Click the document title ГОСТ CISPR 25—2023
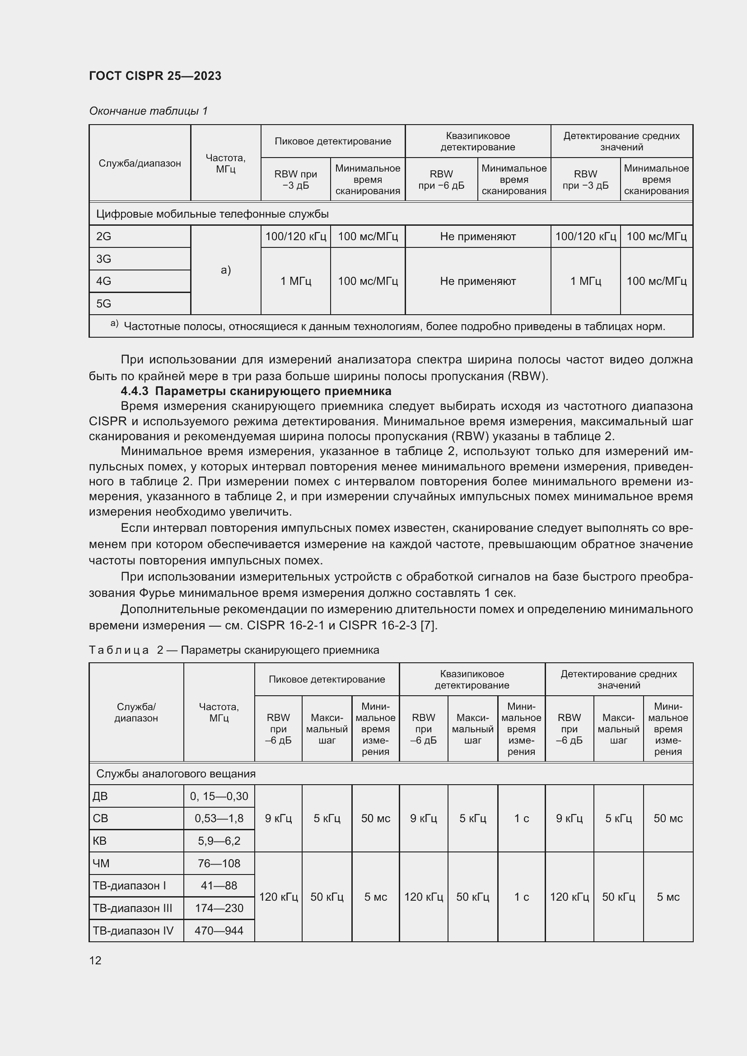pyautogui.click(x=155, y=76)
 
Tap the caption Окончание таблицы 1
pyautogui.click(x=148, y=111)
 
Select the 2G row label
pyautogui.click(x=104, y=237)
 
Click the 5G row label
pyautogui.click(x=104, y=303)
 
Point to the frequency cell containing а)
pyautogui.click(x=225, y=270)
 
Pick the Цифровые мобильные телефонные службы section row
pyautogui.click(x=212, y=214)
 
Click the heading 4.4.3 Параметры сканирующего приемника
pyautogui.click(x=256, y=391)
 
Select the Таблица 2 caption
pyautogui.click(x=233, y=650)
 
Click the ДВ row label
pyautogui.click(x=100, y=796)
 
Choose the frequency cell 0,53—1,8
pyautogui.click(x=219, y=818)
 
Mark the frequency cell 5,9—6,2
pyautogui.click(x=219, y=841)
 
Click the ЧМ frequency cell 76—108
pyautogui.click(x=219, y=863)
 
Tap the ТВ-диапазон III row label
pyautogui.click(x=132, y=908)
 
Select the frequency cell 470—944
pyautogui.click(x=219, y=930)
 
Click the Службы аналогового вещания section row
pyautogui.click(x=176, y=774)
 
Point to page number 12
pyautogui.click(x=95, y=960)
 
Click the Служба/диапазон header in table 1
pyautogui.click(x=140, y=163)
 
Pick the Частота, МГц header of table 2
pyautogui.click(x=219, y=712)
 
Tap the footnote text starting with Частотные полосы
pyautogui.click(x=394, y=326)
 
